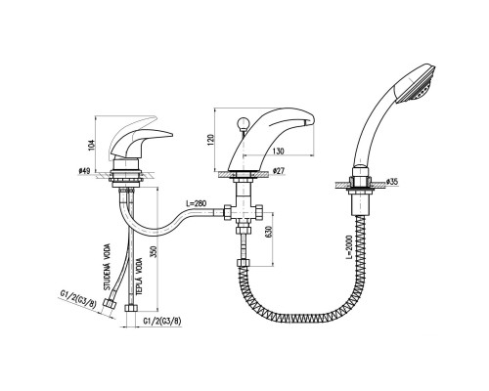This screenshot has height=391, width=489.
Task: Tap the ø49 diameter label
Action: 84,170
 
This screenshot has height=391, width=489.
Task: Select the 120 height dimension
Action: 211,140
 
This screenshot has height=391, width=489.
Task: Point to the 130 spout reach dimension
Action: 279,152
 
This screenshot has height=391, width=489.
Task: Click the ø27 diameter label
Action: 278,170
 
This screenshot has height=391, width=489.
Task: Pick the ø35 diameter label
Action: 391,182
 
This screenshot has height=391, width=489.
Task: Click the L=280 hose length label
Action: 197,203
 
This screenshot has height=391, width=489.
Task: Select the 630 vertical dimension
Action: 269,232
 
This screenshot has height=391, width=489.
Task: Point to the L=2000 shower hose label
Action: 349,246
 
